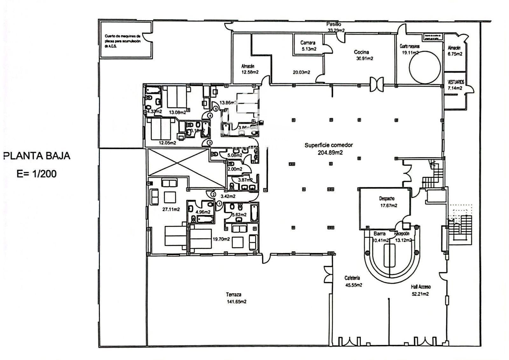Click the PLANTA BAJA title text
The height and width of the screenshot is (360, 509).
click(37, 156)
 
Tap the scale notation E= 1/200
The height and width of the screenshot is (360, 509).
click(37, 174)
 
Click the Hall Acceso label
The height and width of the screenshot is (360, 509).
click(420, 286)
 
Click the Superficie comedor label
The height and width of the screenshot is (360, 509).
click(329, 145)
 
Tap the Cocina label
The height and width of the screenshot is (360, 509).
click(361, 52)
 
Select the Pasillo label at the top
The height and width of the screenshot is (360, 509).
click(334, 24)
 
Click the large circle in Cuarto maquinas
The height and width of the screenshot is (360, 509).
click(425, 67)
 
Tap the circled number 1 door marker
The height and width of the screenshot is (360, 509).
click(219, 203)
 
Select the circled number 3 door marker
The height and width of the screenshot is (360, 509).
click(210, 143)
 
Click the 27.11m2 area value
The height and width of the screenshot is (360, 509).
click(171, 209)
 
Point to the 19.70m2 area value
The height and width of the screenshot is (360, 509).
click(221, 239)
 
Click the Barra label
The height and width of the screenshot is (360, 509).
click(380, 233)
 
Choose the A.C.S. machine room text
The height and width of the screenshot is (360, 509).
click(122, 41)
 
